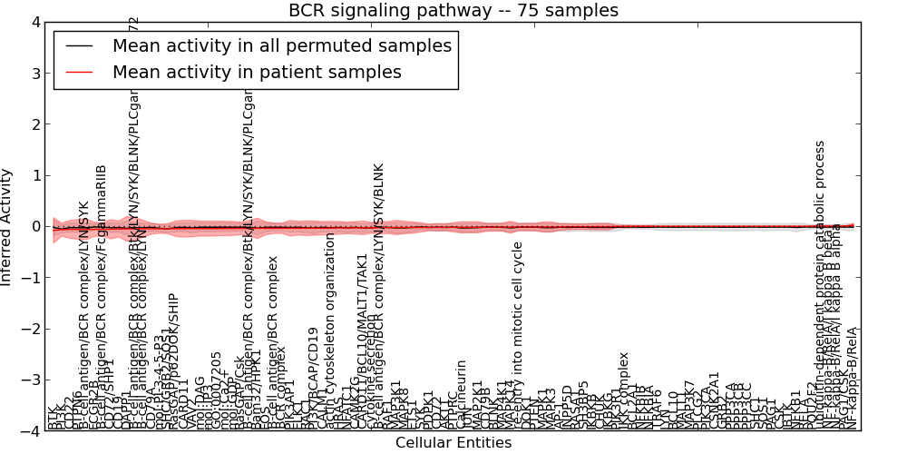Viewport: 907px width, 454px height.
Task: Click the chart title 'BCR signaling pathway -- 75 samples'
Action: (x=453, y=11)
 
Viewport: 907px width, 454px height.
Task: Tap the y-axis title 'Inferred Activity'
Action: (x=8, y=227)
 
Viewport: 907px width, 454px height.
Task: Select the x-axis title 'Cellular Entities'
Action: (x=453, y=443)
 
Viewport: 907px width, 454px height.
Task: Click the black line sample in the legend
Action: (x=79, y=45)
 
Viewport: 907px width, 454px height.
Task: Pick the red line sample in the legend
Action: (x=79, y=72)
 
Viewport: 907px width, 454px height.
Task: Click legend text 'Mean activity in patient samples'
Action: (x=257, y=72)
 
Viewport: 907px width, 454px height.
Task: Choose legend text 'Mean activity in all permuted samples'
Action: (x=282, y=45)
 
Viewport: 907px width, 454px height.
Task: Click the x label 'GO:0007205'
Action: (x=216, y=386)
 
